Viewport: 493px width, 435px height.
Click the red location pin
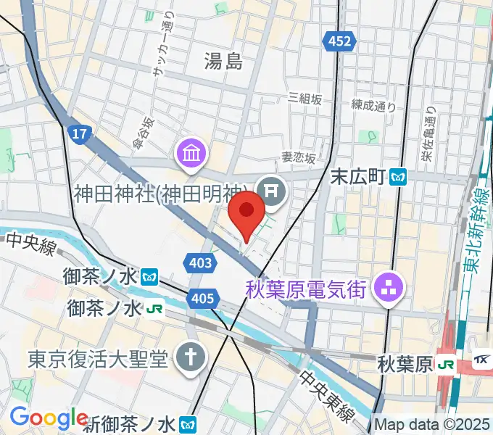pos(246,211)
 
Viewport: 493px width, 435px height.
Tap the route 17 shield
pos(79,133)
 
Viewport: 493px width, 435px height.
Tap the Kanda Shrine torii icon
pos(273,191)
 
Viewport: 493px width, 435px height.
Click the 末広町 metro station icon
pos(398,176)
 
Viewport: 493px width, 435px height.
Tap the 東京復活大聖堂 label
pos(98,357)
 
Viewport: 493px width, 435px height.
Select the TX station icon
pos(481,360)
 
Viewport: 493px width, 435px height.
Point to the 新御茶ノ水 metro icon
pos(188,423)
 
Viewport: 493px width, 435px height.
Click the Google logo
pos(49,418)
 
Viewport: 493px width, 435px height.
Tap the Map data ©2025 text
pos(432,423)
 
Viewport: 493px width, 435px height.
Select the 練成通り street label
pos(373,106)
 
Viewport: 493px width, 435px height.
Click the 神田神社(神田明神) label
pos(165,194)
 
